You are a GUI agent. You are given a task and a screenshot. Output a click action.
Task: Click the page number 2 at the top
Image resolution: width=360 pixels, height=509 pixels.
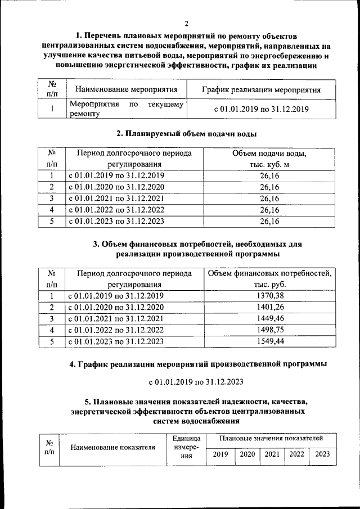coord(186,23)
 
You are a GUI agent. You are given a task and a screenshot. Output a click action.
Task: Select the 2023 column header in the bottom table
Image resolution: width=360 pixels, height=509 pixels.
coord(322,454)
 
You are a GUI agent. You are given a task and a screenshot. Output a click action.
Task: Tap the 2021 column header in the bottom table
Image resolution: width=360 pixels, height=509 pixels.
coord(272,454)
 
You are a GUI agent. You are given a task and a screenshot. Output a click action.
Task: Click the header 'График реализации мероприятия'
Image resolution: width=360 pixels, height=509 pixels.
coord(261,89)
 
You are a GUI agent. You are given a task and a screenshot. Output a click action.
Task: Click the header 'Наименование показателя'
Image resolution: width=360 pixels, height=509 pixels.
coord(113,448)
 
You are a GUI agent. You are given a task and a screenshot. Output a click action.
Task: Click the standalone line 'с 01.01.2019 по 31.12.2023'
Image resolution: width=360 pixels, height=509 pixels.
coord(195,382)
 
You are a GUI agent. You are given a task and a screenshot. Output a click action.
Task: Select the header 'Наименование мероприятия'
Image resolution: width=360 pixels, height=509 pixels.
coord(127,89)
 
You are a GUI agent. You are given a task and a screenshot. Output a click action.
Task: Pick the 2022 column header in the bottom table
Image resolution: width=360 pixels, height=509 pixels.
coord(296,454)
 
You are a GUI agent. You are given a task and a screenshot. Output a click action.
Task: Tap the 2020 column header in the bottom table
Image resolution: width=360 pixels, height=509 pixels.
coord(246,454)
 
